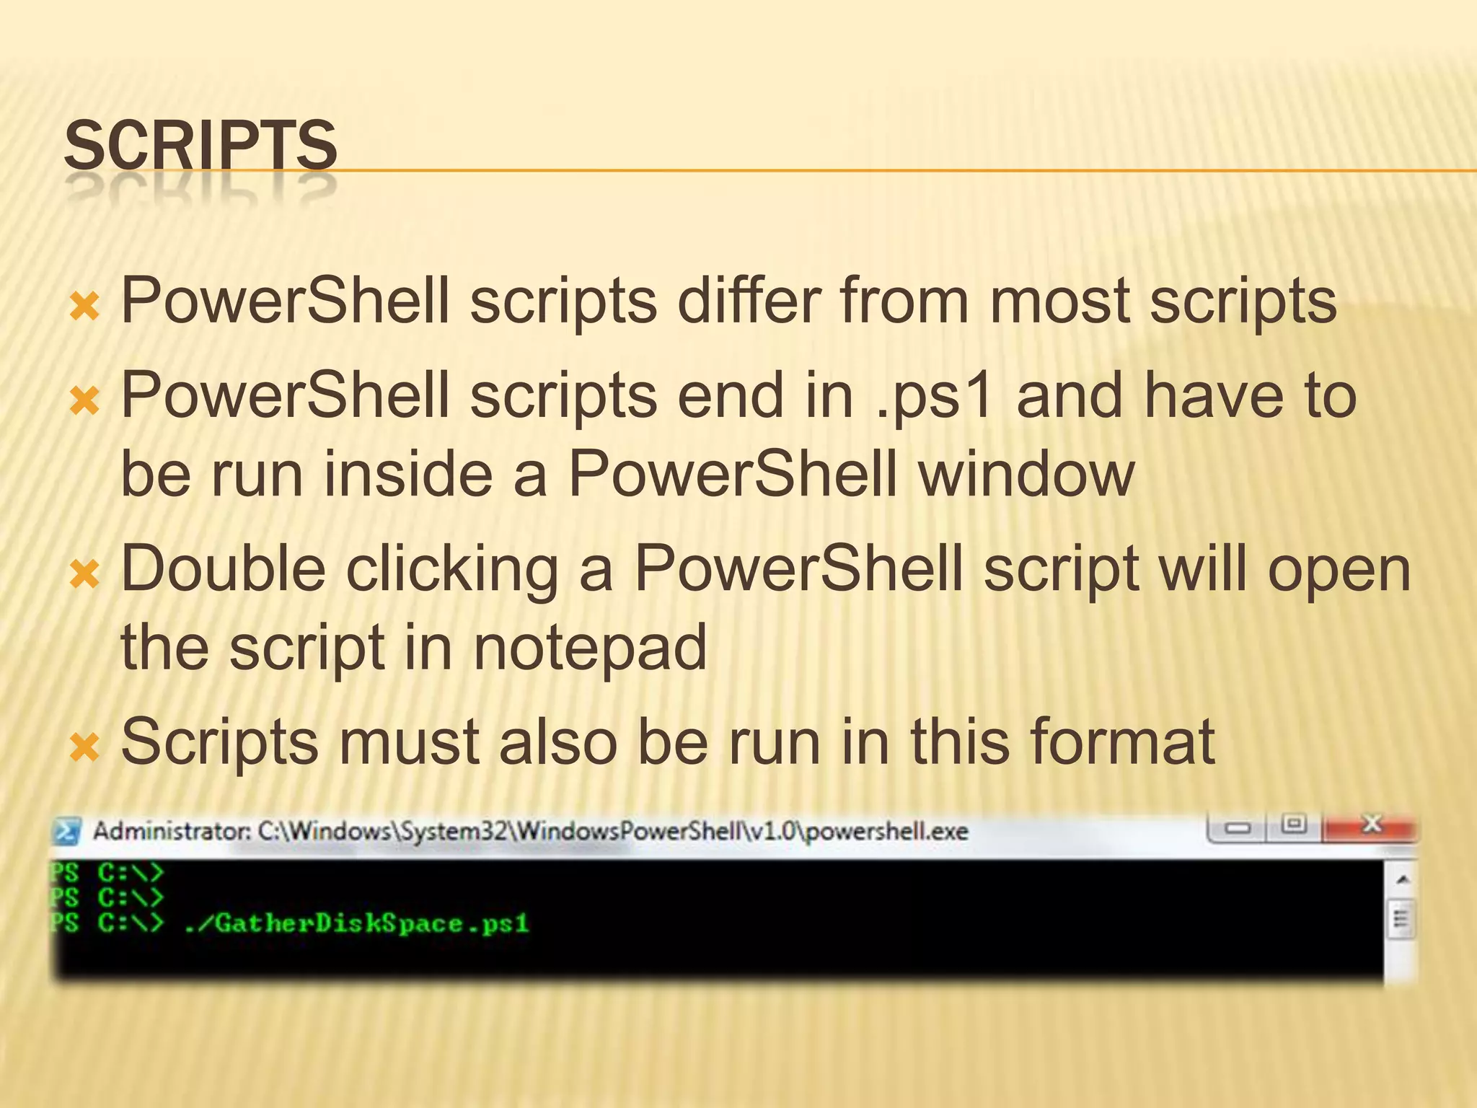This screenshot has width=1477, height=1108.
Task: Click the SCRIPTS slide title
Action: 200,146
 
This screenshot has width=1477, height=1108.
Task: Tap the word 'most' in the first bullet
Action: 1059,302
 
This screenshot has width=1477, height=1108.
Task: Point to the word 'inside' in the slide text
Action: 407,474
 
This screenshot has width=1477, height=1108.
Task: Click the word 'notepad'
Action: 590,648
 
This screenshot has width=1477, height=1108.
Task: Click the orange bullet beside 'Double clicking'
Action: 84,575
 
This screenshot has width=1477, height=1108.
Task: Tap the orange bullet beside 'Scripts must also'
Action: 84,748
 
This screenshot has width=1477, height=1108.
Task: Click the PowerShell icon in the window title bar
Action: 67,832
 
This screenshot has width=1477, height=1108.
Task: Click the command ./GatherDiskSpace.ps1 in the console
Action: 356,923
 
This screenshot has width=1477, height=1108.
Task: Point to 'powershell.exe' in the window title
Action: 886,832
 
